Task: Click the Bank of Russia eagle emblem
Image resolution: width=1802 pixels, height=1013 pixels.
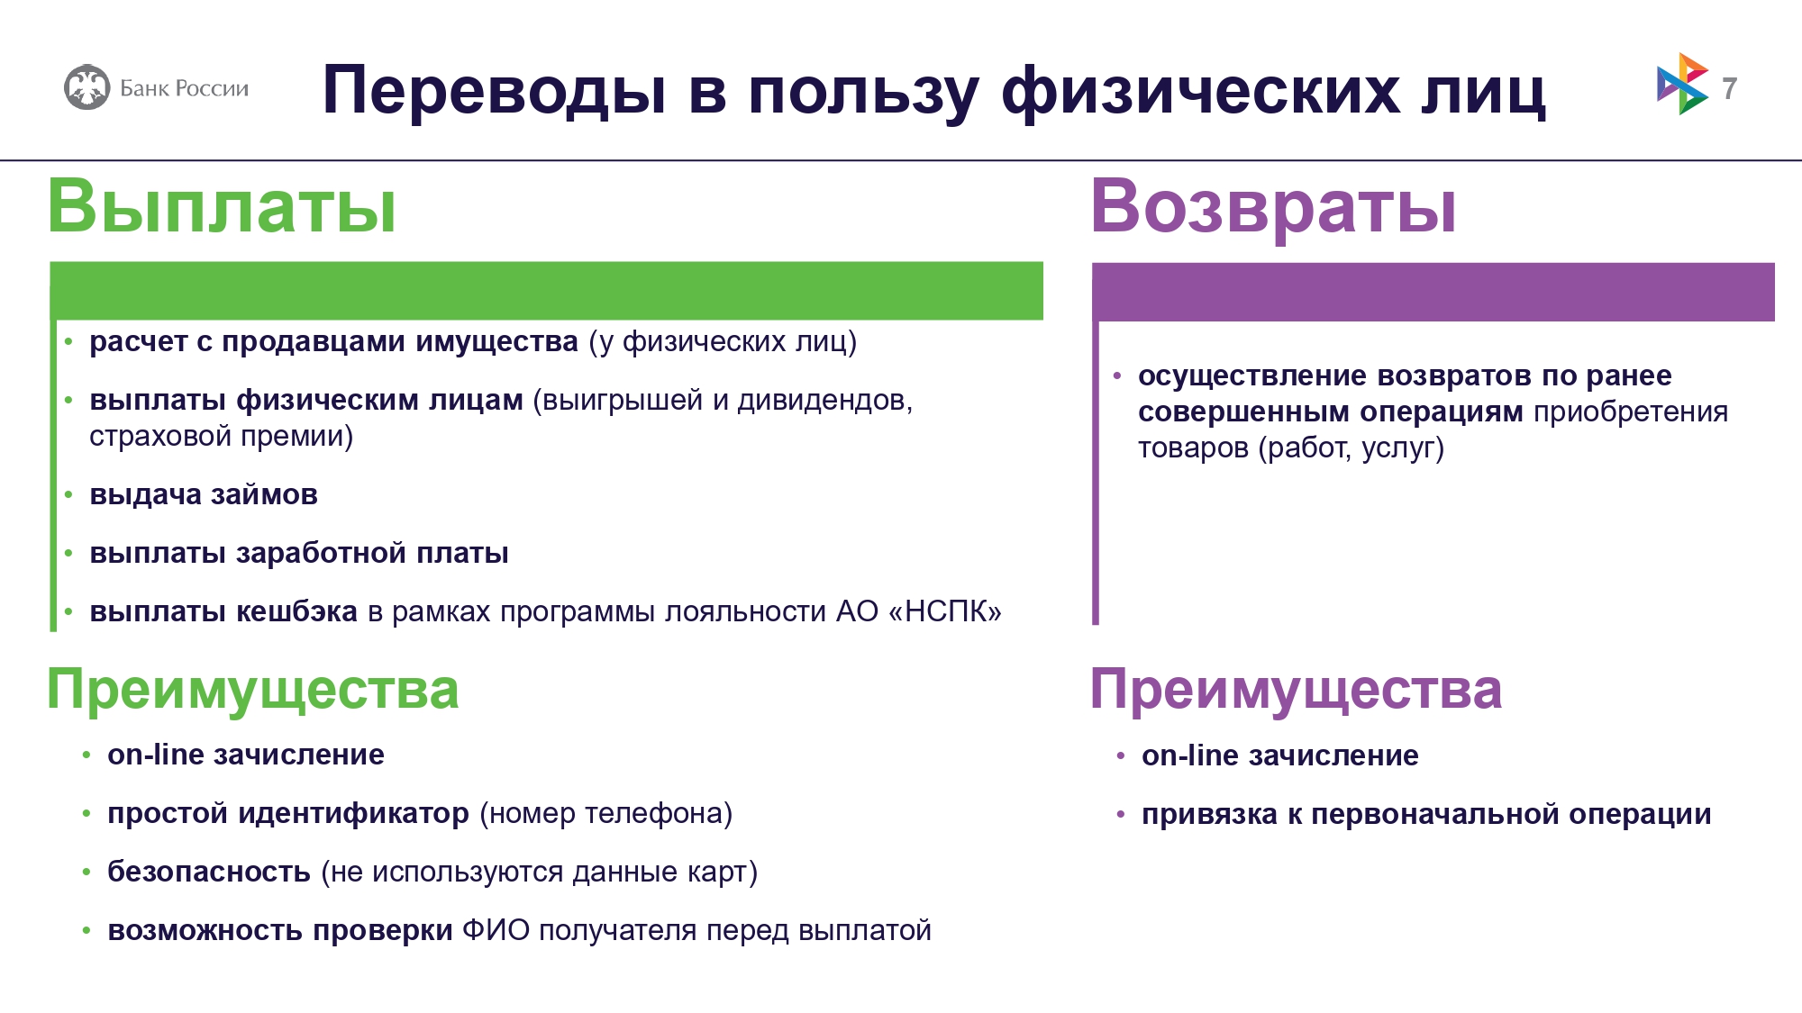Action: pos(87,87)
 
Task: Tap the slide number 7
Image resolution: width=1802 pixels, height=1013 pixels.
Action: pos(1729,88)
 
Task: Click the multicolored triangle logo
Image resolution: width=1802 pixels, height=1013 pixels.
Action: pos(1681,84)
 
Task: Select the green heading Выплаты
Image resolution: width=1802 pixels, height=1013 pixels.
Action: pos(222,206)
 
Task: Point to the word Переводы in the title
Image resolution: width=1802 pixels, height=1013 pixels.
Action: pos(495,92)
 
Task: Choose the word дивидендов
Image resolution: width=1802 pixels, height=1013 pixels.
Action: pos(824,401)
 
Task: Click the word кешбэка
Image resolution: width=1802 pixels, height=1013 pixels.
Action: pos(296,611)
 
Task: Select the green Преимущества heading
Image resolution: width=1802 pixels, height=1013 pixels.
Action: pos(252,690)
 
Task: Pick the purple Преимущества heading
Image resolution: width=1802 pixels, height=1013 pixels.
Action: pos(1296,690)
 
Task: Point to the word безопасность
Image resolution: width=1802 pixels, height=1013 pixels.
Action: pos(209,872)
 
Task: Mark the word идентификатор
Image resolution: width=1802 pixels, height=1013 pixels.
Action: pos(353,814)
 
